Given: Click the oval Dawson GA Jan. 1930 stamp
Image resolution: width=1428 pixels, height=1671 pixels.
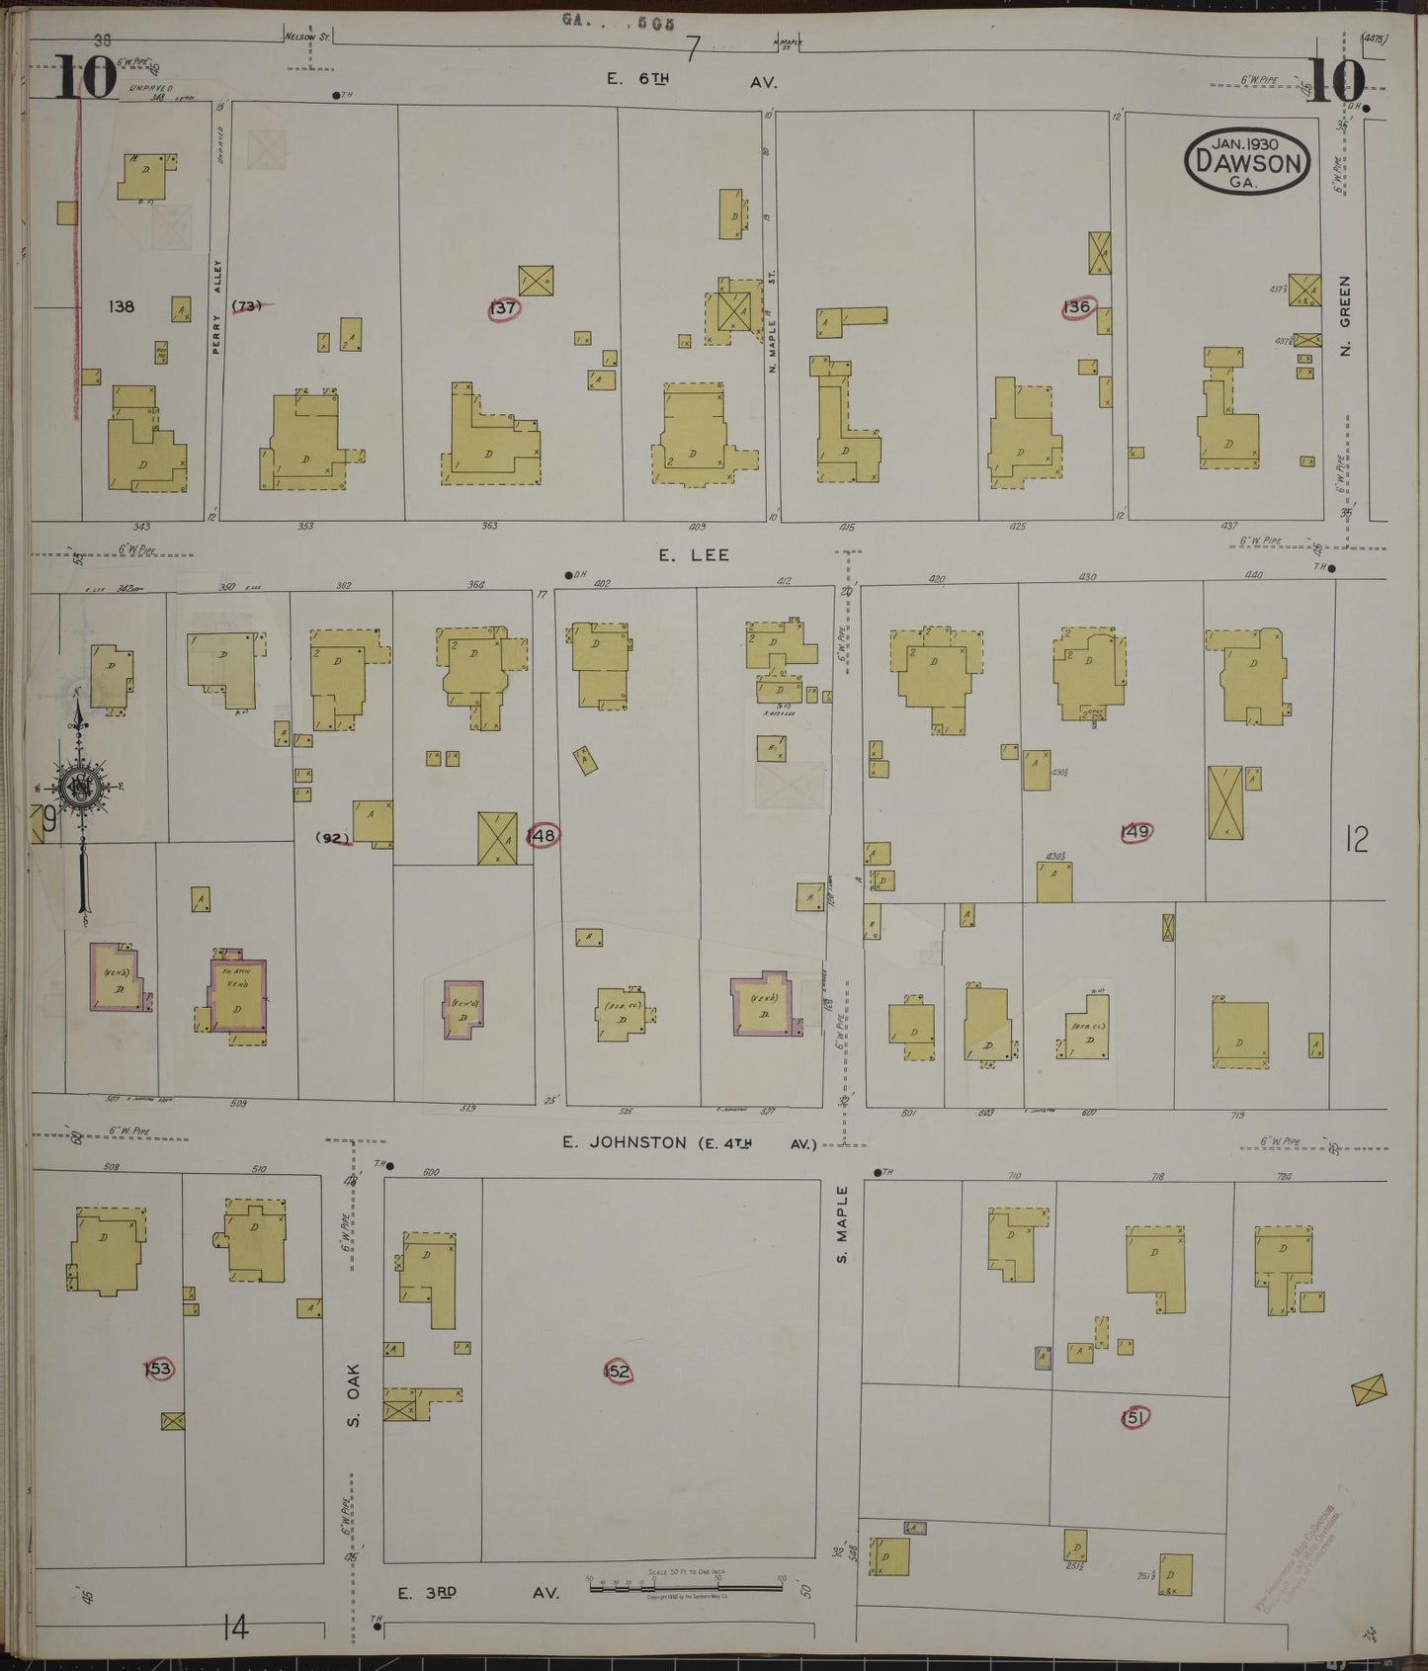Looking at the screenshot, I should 1247,161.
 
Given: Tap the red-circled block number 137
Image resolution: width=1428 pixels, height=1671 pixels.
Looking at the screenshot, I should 504,308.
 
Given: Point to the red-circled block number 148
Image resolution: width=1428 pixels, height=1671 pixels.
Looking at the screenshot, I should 542,835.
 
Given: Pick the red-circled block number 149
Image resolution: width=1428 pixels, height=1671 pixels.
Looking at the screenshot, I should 1135,832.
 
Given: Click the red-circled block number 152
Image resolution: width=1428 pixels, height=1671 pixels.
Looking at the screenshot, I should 617,1371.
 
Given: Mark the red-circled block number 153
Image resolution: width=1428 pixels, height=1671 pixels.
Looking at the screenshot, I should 158,1369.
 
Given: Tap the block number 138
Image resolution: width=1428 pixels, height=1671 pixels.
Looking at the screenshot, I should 122,306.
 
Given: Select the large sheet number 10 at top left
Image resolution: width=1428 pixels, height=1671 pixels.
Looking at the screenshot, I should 85,79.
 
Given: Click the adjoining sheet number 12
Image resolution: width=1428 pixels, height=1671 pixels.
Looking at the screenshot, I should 1356,840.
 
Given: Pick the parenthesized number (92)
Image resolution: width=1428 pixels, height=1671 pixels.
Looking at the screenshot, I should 334,839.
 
